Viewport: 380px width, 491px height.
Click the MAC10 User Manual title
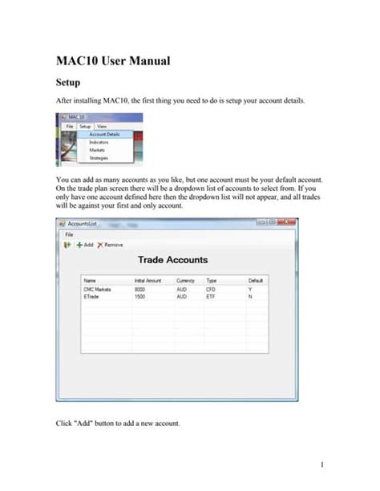coord(112,61)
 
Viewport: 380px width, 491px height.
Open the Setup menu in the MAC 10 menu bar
coord(85,127)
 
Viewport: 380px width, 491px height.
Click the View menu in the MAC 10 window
coord(102,127)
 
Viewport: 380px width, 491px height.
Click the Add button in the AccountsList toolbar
coord(85,244)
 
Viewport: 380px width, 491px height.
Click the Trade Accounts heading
coord(172,260)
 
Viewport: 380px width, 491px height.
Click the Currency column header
coord(187,280)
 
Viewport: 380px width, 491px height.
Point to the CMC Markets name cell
coord(98,287)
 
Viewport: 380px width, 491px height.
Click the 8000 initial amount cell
coord(139,287)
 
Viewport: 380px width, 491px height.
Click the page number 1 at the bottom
coord(321,465)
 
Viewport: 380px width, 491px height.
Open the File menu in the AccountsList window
coord(70,234)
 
